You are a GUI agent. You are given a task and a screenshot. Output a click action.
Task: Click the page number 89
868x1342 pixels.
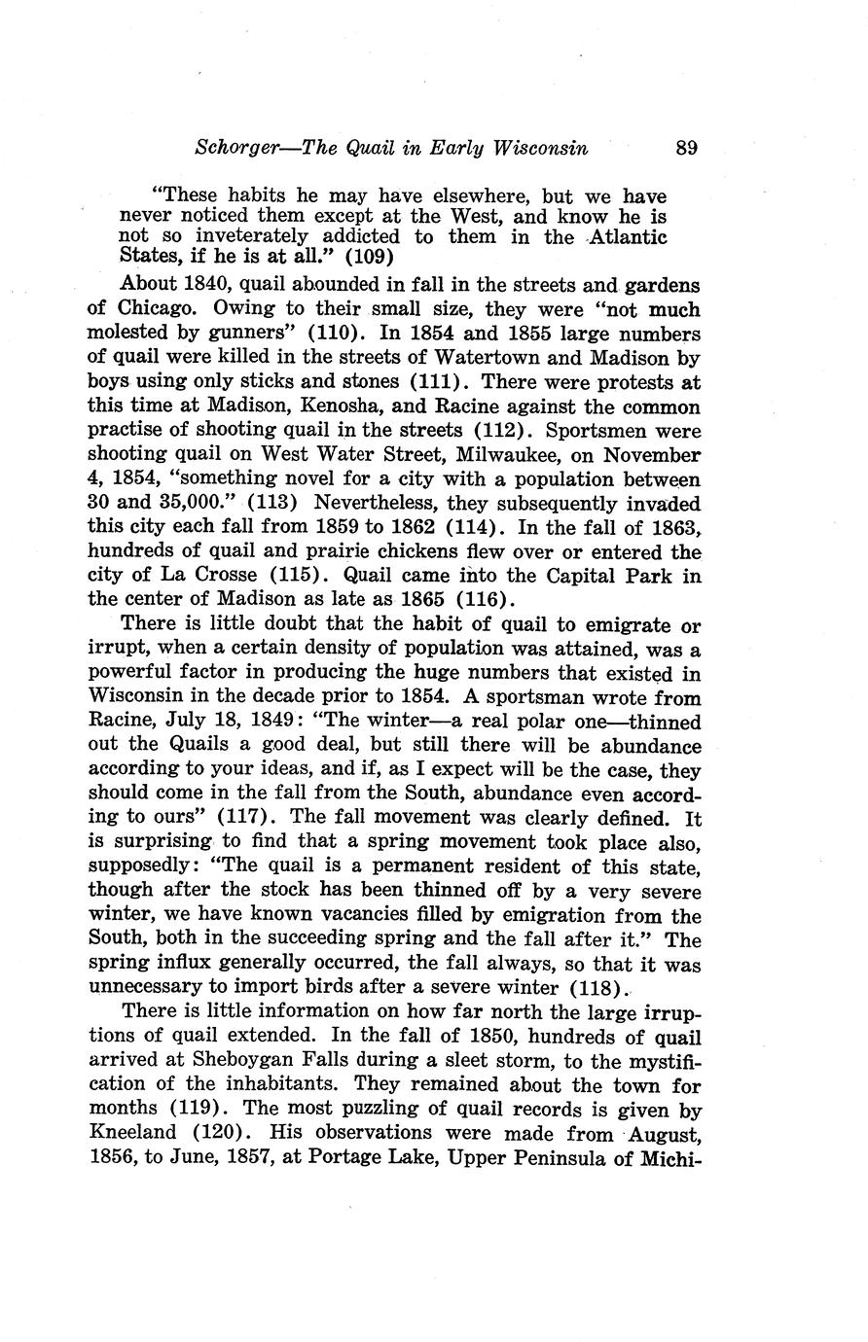tap(687, 149)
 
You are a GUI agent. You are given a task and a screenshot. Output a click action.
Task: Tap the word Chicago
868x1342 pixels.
tap(148, 309)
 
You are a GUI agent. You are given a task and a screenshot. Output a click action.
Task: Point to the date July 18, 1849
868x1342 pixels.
tap(230, 723)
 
